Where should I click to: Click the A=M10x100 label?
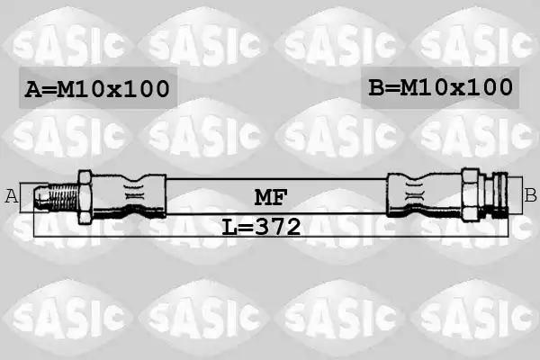(x=97, y=89)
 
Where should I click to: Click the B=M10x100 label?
(x=440, y=87)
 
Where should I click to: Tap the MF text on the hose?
(x=271, y=197)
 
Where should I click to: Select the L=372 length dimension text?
(x=261, y=227)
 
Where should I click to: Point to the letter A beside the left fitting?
(x=12, y=196)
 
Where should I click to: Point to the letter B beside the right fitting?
(x=530, y=195)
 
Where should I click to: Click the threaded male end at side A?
(x=57, y=197)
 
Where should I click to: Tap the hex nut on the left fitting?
(x=85, y=197)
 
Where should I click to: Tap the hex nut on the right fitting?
(x=470, y=194)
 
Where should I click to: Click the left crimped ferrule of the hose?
(x=129, y=196)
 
